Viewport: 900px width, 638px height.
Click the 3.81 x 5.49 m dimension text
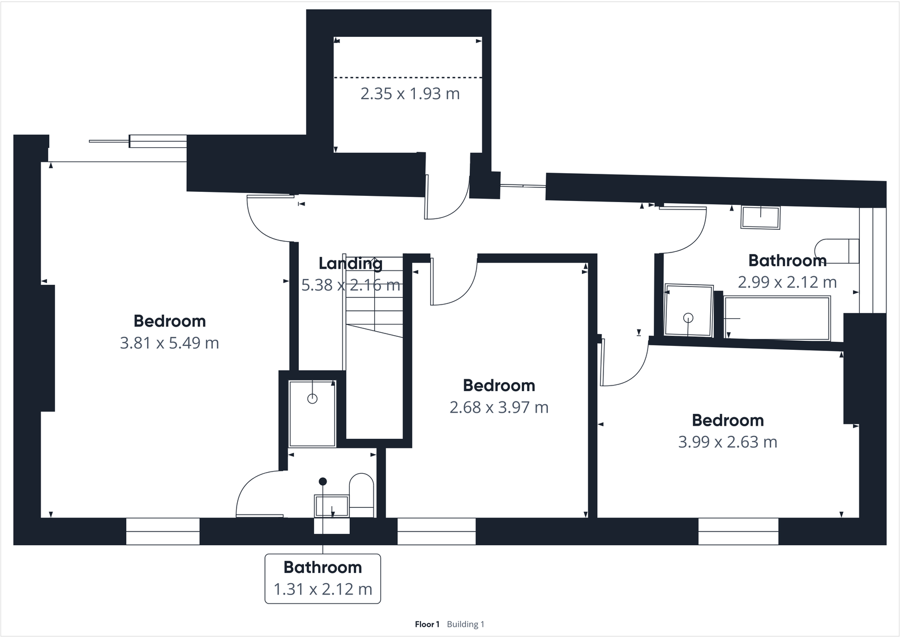click(x=169, y=343)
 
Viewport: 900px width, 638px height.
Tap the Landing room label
click(x=350, y=263)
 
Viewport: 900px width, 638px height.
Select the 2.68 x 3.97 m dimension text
click(x=499, y=408)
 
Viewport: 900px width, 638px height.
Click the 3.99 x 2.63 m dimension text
click(x=727, y=442)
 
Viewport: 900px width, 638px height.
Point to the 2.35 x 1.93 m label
click(x=410, y=94)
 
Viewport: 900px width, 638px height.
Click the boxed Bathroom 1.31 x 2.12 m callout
click(x=323, y=579)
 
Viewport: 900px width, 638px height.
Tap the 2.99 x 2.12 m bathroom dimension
click(x=787, y=282)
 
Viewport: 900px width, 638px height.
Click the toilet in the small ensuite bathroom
click(x=362, y=495)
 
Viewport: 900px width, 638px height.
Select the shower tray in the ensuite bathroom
click(x=312, y=414)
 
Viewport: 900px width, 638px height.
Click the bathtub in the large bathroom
click(x=777, y=319)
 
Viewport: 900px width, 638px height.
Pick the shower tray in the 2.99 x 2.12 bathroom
click(x=688, y=311)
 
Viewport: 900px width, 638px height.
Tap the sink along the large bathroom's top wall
click(x=760, y=217)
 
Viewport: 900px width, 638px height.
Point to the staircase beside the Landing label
click(x=374, y=317)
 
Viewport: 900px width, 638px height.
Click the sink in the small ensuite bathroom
click(x=332, y=506)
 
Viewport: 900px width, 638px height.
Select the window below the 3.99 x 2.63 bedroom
click(x=738, y=532)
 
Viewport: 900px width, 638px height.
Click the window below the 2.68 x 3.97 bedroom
click(x=436, y=532)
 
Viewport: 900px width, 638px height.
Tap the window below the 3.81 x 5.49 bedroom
click(x=162, y=532)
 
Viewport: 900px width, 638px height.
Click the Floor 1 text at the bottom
click(x=427, y=624)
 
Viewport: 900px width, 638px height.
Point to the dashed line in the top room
click(x=408, y=77)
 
